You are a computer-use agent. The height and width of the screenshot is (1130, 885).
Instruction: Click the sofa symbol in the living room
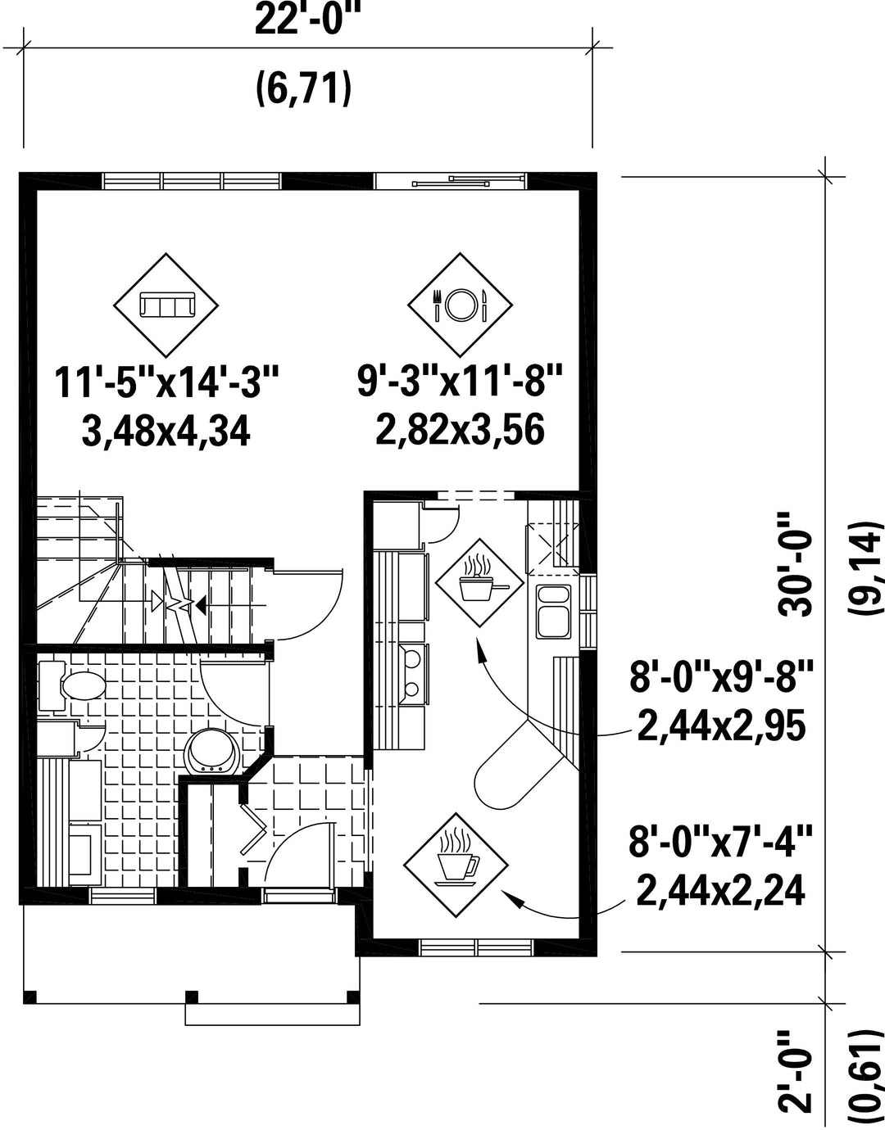point(166,305)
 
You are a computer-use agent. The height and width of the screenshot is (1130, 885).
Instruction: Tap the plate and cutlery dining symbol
point(460,305)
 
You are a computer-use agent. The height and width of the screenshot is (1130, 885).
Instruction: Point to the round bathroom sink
point(213,753)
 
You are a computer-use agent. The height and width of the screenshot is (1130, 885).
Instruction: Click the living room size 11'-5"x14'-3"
point(166,382)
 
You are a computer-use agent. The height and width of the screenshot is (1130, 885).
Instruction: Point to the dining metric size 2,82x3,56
point(460,430)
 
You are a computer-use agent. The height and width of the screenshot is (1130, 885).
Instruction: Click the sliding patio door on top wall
point(451,181)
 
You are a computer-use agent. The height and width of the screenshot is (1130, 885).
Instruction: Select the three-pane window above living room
point(193,181)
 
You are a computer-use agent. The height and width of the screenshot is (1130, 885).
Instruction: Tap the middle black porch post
point(192,997)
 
